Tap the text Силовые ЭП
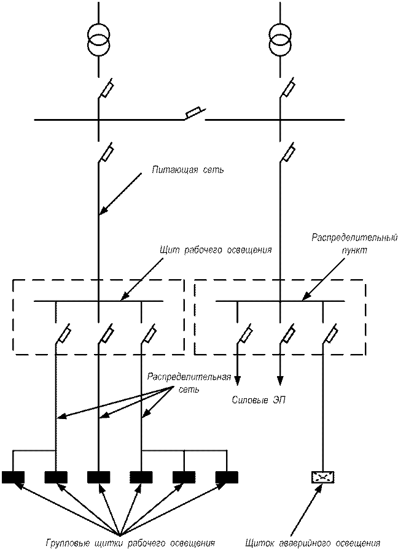coord(257,401)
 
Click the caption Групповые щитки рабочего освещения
coord(131,542)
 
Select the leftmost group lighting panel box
coord(22,477)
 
